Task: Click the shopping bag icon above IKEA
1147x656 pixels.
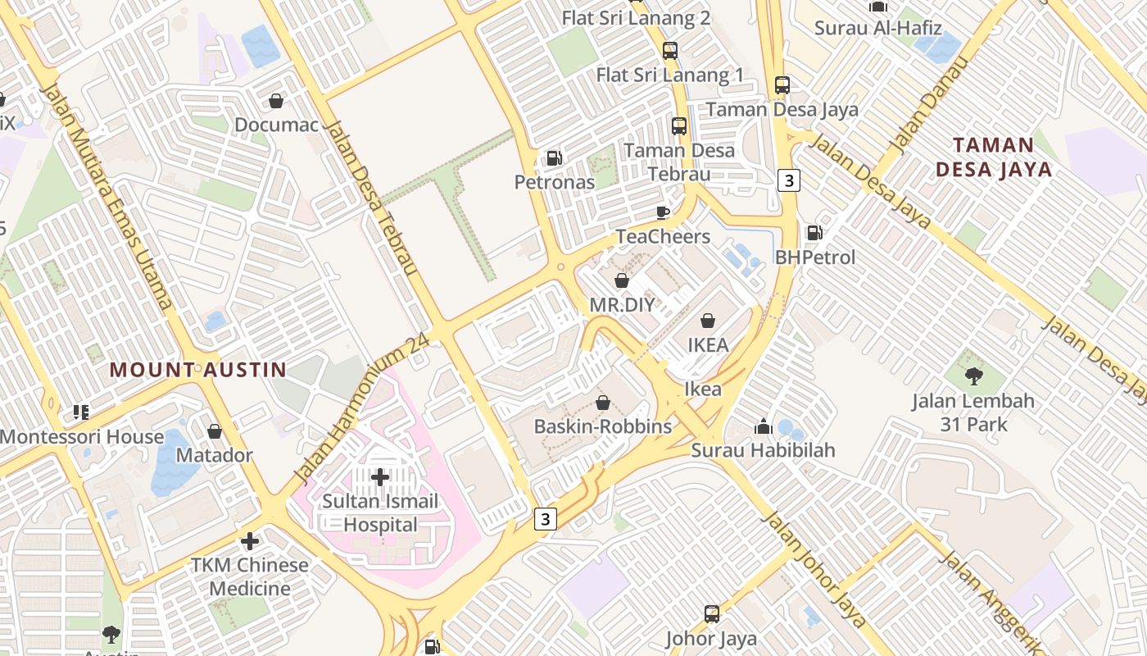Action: [x=708, y=321]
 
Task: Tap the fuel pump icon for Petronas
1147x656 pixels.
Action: [x=555, y=158]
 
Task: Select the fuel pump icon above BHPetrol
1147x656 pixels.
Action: [x=814, y=233]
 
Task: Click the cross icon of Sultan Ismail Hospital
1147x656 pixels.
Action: [x=380, y=476]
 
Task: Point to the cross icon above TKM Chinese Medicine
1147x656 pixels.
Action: [x=250, y=541]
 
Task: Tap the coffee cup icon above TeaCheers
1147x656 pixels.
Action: [x=663, y=213]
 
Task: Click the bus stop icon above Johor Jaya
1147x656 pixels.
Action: [x=711, y=613]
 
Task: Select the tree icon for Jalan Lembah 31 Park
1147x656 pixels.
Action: [x=973, y=376]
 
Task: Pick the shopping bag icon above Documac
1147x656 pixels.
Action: [x=276, y=101]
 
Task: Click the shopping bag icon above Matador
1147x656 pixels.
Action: [x=215, y=430]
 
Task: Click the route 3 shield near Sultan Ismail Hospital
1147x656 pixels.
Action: [x=546, y=518]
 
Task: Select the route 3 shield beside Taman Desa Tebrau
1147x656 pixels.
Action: [x=788, y=180]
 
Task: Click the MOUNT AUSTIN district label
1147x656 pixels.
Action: [x=198, y=370]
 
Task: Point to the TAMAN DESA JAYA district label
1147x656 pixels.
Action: [x=993, y=157]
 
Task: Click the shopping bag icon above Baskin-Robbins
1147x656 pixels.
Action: [x=603, y=403]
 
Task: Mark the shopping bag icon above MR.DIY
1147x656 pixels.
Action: [x=622, y=281]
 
